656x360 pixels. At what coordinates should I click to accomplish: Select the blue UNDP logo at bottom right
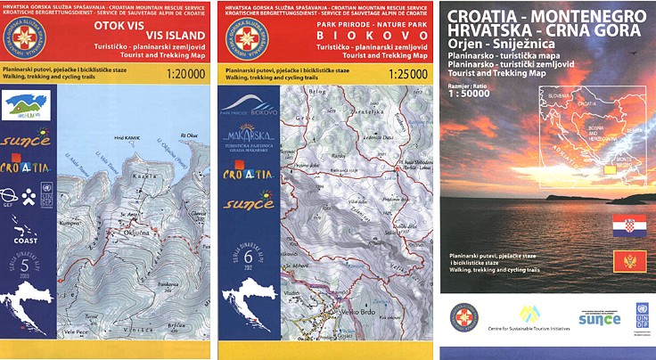pyautogui.click(x=641, y=318)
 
